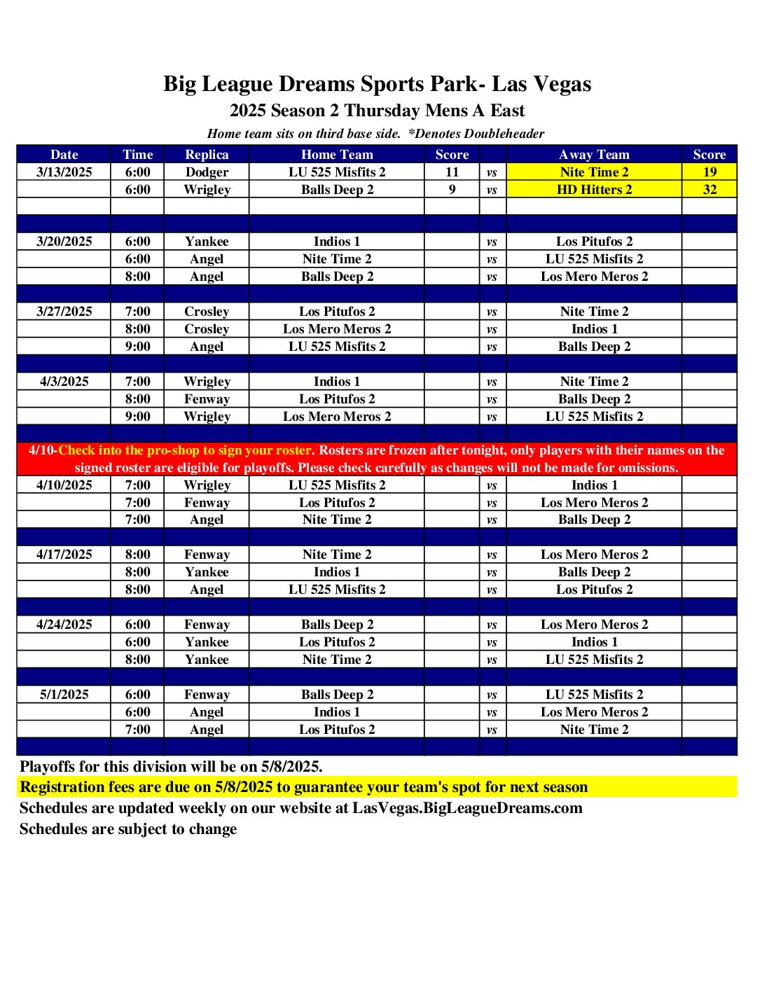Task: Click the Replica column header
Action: click(207, 154)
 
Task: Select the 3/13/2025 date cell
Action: click(64, 172)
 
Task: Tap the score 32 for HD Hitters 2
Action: click(709, 189)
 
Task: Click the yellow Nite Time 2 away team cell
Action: click(594, 172)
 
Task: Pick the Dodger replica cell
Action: click(207, 172)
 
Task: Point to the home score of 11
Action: click(452, 172)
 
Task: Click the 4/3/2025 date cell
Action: click(64, 381)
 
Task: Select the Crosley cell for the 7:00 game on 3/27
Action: click(207, 311)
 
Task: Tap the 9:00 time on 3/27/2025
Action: click(137, 346)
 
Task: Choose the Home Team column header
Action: click(337, 154)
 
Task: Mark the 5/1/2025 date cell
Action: click(64, 694)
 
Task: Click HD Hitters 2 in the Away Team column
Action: click(594, 189)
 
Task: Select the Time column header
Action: click(137, 154)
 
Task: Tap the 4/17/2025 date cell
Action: click(64, 554)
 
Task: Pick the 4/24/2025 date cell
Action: click(64, 624)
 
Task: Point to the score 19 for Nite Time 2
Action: click(709, 172)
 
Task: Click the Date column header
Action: click(64, 154)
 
